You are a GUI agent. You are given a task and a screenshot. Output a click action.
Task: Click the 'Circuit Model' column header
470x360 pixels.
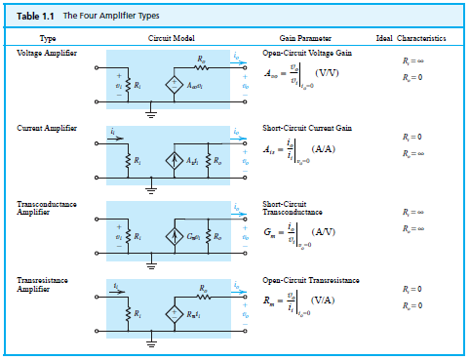(x=173, y=38)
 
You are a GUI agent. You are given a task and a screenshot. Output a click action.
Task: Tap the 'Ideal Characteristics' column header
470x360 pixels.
(x=411, y=38)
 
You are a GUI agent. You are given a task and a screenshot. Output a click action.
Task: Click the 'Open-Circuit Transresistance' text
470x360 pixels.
(x=311, y=281)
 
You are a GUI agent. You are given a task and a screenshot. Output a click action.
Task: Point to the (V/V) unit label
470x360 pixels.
(x=326, y=71)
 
